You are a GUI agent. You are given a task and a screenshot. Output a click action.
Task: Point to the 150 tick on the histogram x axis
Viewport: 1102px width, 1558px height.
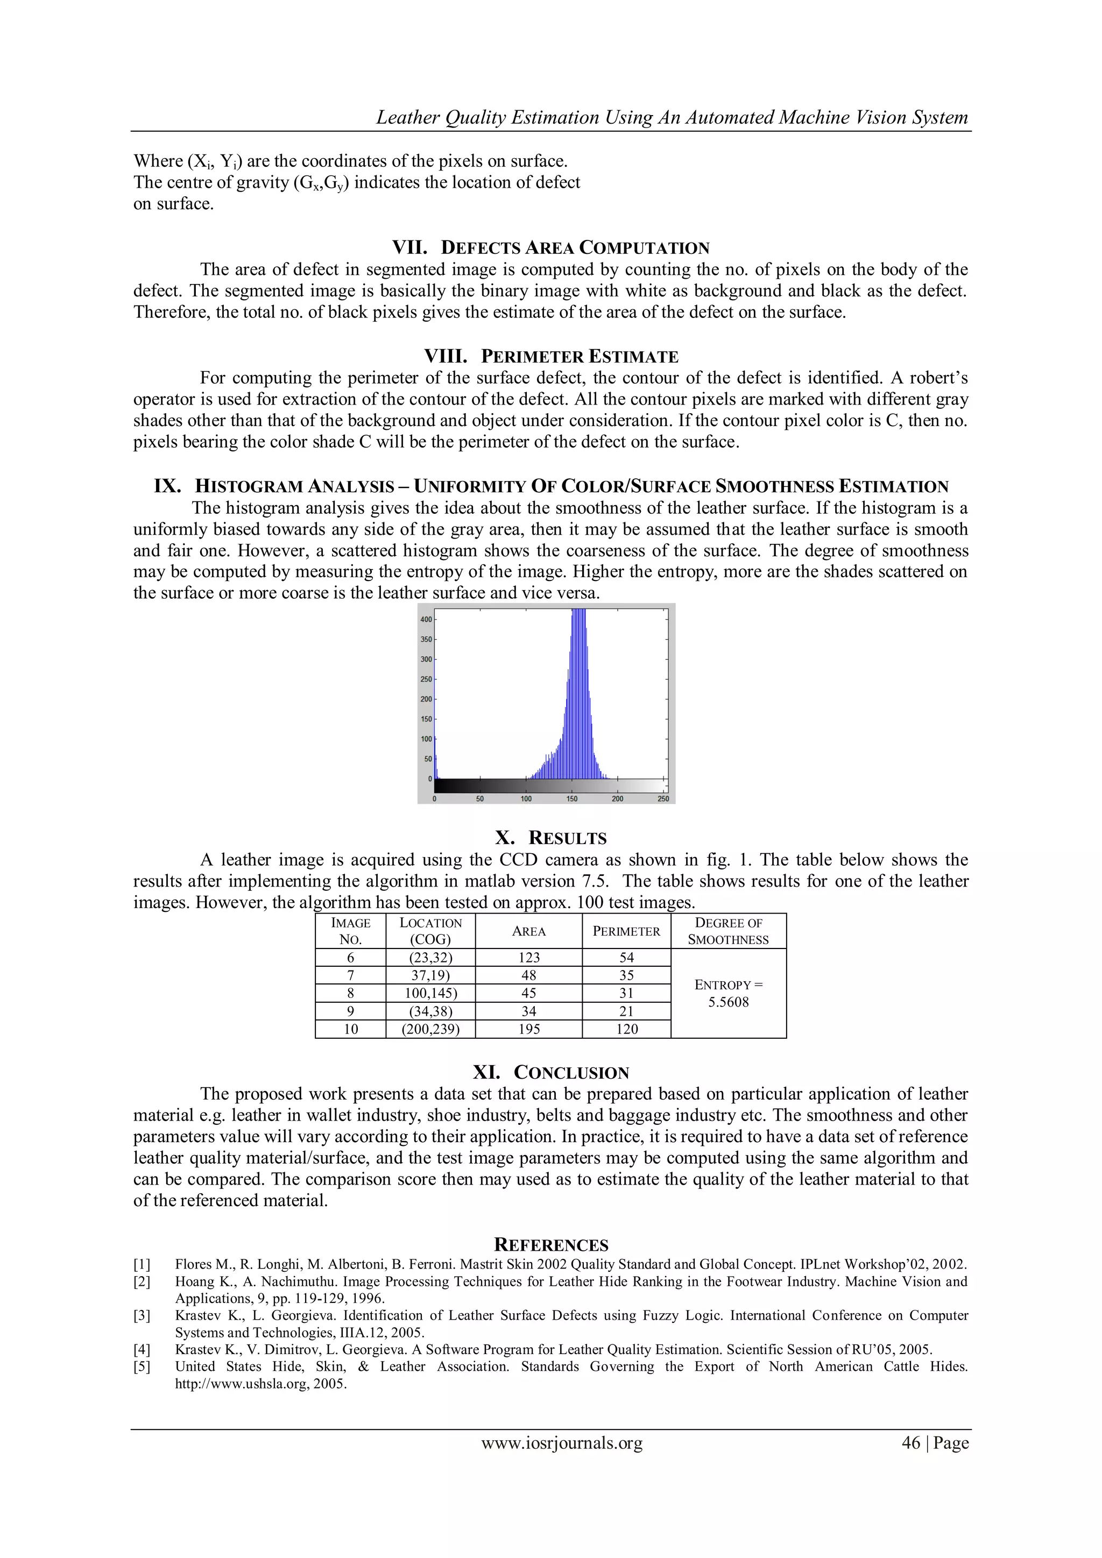click(572, 799)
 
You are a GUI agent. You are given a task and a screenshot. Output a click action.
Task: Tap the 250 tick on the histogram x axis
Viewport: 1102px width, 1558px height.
click(663, 799)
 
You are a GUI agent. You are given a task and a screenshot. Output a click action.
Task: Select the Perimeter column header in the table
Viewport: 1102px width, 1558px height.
click(626, 931)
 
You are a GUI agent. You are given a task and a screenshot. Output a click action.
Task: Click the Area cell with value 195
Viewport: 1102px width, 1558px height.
click(528, 1029)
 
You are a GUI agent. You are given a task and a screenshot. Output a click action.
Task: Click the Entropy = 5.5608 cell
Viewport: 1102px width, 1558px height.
click(728, 994)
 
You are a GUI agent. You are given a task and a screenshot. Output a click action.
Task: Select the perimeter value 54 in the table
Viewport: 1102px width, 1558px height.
click(626, 958)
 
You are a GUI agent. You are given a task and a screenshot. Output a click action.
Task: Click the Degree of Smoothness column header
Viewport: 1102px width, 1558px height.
click(728, 931)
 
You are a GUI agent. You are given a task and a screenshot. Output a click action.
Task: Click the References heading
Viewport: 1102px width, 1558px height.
click(551, 1245)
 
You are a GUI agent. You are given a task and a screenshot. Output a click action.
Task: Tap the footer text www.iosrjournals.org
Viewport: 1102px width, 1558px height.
click(562, 1443)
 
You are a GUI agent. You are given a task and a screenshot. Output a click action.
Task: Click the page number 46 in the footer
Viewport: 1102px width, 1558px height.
click(910, 1443)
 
